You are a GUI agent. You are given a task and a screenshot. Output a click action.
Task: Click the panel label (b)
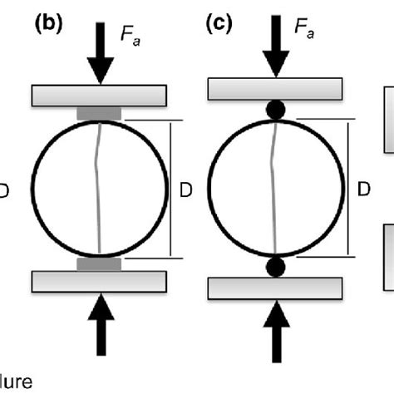coord(49,24)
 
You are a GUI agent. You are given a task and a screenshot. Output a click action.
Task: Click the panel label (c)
coord(221,24)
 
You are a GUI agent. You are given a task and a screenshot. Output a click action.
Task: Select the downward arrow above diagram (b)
coord(100,54)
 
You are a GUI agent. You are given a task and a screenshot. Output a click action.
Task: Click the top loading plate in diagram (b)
coord(100,95)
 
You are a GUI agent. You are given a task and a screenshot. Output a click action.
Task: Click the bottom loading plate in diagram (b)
coord(100,281)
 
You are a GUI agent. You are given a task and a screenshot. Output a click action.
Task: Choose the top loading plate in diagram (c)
coord(275,88)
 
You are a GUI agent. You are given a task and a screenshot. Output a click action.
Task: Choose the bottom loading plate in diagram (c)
coord(275,287)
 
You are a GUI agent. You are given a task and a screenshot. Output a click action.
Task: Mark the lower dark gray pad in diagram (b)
coord(100,263)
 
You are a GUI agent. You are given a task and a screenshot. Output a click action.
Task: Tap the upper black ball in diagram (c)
coord(275,109)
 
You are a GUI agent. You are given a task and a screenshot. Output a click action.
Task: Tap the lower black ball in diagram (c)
coord(275,267)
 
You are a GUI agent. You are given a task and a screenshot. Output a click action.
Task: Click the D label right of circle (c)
coord(363,190)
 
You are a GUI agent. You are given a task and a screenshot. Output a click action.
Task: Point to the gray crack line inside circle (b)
coord(99,188)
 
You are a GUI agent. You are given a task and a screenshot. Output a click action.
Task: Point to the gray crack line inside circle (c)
coord(274,188)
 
